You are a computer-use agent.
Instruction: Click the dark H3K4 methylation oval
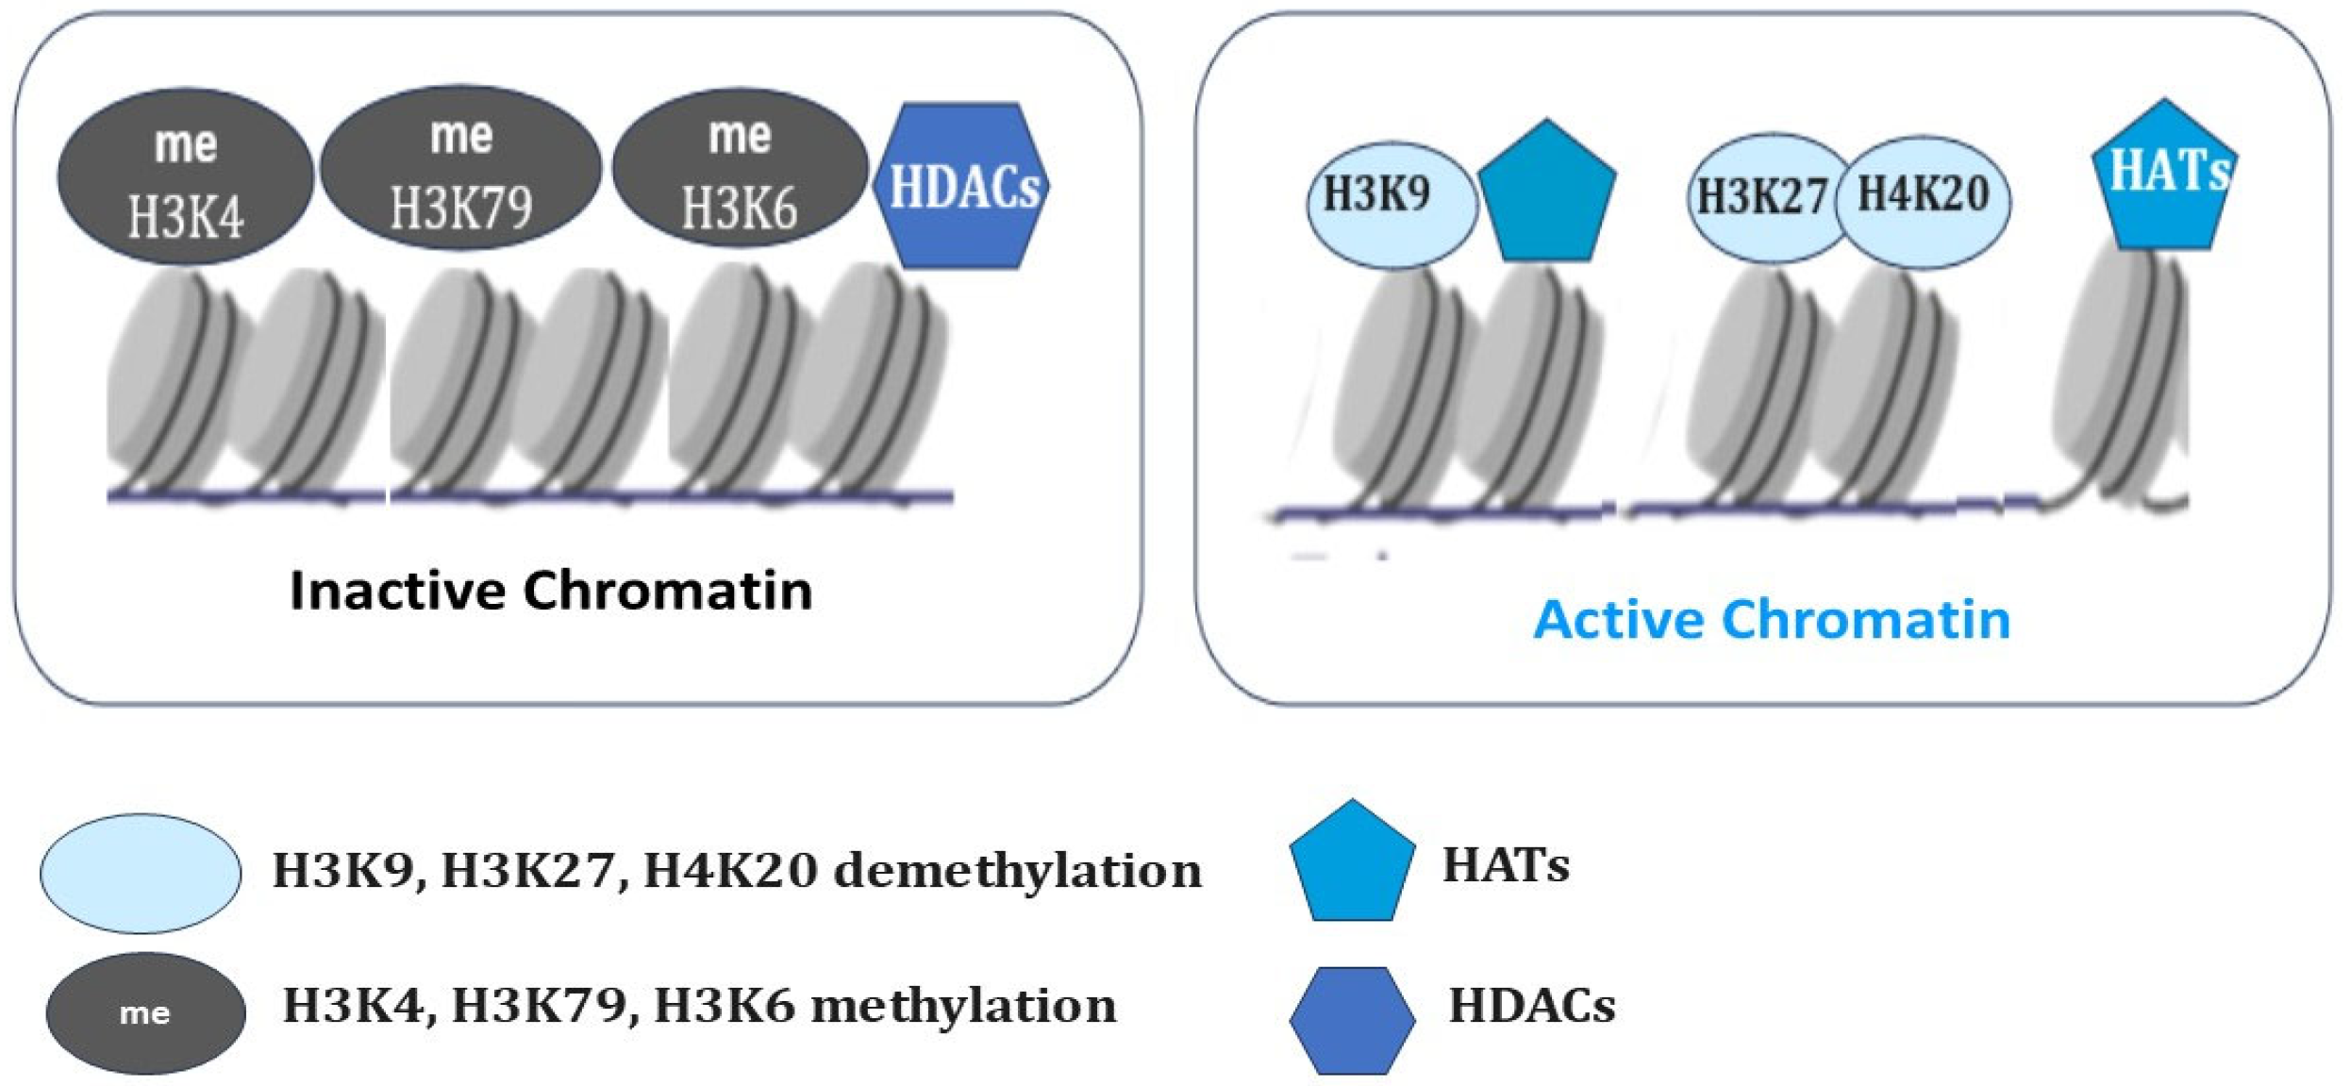tap(185, 177)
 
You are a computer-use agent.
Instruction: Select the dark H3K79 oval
tap(460, 170)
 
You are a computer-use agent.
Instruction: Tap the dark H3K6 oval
tap(740, 170)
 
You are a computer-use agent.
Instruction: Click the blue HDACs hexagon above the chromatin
tap(962, 186)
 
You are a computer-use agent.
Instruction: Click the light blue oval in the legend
tap(140, 874)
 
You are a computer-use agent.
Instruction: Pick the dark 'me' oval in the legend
tap(145, 1012)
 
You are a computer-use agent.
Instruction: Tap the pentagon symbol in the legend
tap(1352, 864)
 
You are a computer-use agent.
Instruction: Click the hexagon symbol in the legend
tap(1352, 1019)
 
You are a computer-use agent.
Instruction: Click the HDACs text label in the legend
tap(1531, 1006)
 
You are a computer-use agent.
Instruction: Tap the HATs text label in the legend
tap(1506, 864)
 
